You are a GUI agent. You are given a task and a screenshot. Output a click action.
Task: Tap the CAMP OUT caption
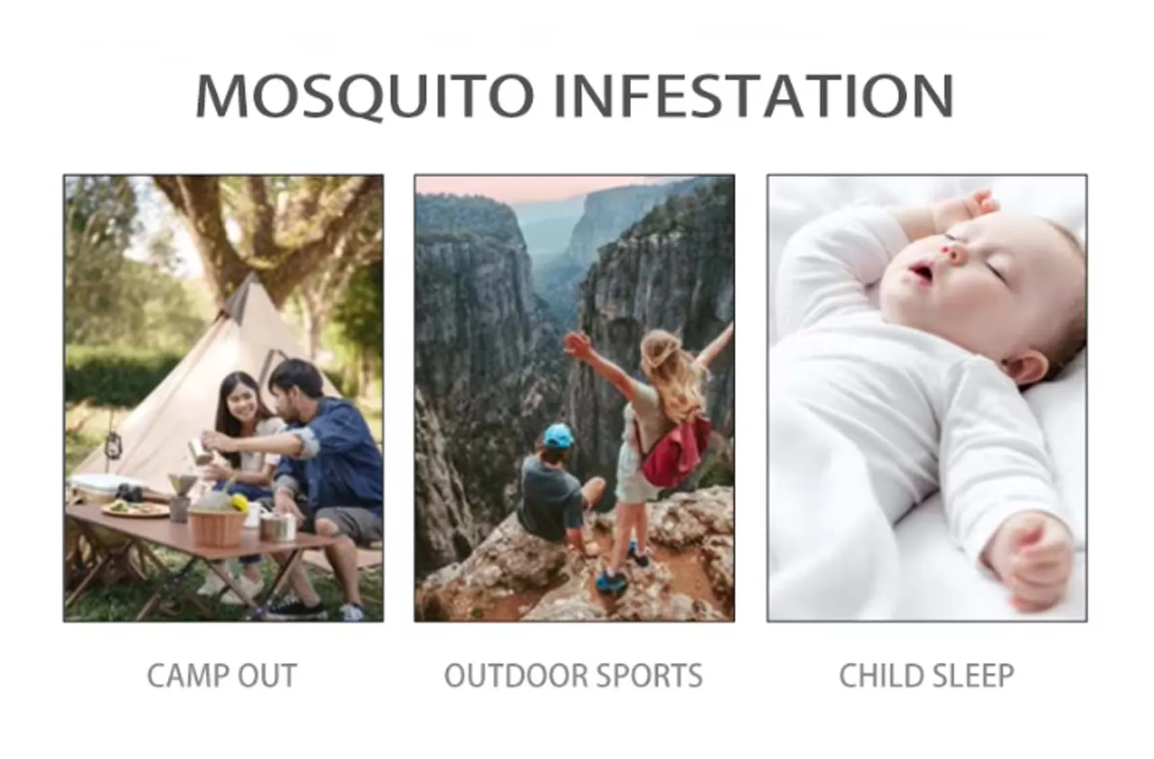(222, 676)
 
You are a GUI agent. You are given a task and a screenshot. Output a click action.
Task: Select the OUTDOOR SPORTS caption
(574, 676)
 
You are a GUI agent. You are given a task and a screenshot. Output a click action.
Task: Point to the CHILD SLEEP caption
(926, 676)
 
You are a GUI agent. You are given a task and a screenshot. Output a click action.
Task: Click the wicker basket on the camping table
(217, 527)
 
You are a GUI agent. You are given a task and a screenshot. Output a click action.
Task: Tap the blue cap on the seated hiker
(559, 436)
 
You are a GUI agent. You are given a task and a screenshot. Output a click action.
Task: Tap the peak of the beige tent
(253, 277)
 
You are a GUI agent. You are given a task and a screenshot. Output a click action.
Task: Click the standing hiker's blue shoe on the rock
(612, 581)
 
